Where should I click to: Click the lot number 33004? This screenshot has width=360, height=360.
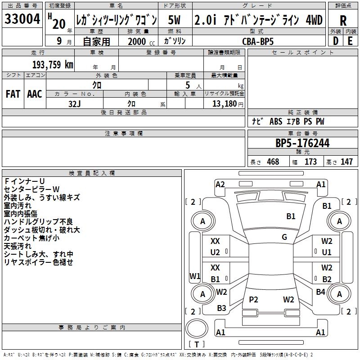coord(22,20)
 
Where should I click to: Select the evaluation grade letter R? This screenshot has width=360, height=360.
coord(343,20)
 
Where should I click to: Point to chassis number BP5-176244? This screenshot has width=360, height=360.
coord(302,143)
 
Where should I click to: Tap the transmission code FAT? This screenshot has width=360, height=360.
coord(13,94)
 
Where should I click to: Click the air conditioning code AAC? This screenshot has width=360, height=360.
coord(34,94)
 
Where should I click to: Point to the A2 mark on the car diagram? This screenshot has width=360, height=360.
coord(220,184)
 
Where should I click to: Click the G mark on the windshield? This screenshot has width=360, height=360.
coord(284,237)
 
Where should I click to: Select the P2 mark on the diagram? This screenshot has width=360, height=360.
coord(253,300)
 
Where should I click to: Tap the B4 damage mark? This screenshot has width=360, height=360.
coord(320,292)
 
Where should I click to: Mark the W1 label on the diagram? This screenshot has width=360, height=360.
coord(194,275)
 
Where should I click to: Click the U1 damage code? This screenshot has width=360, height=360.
coord(327,252)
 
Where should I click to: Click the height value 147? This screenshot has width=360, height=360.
coord(346,162)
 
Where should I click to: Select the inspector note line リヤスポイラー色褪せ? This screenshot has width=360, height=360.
coord(38,262)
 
